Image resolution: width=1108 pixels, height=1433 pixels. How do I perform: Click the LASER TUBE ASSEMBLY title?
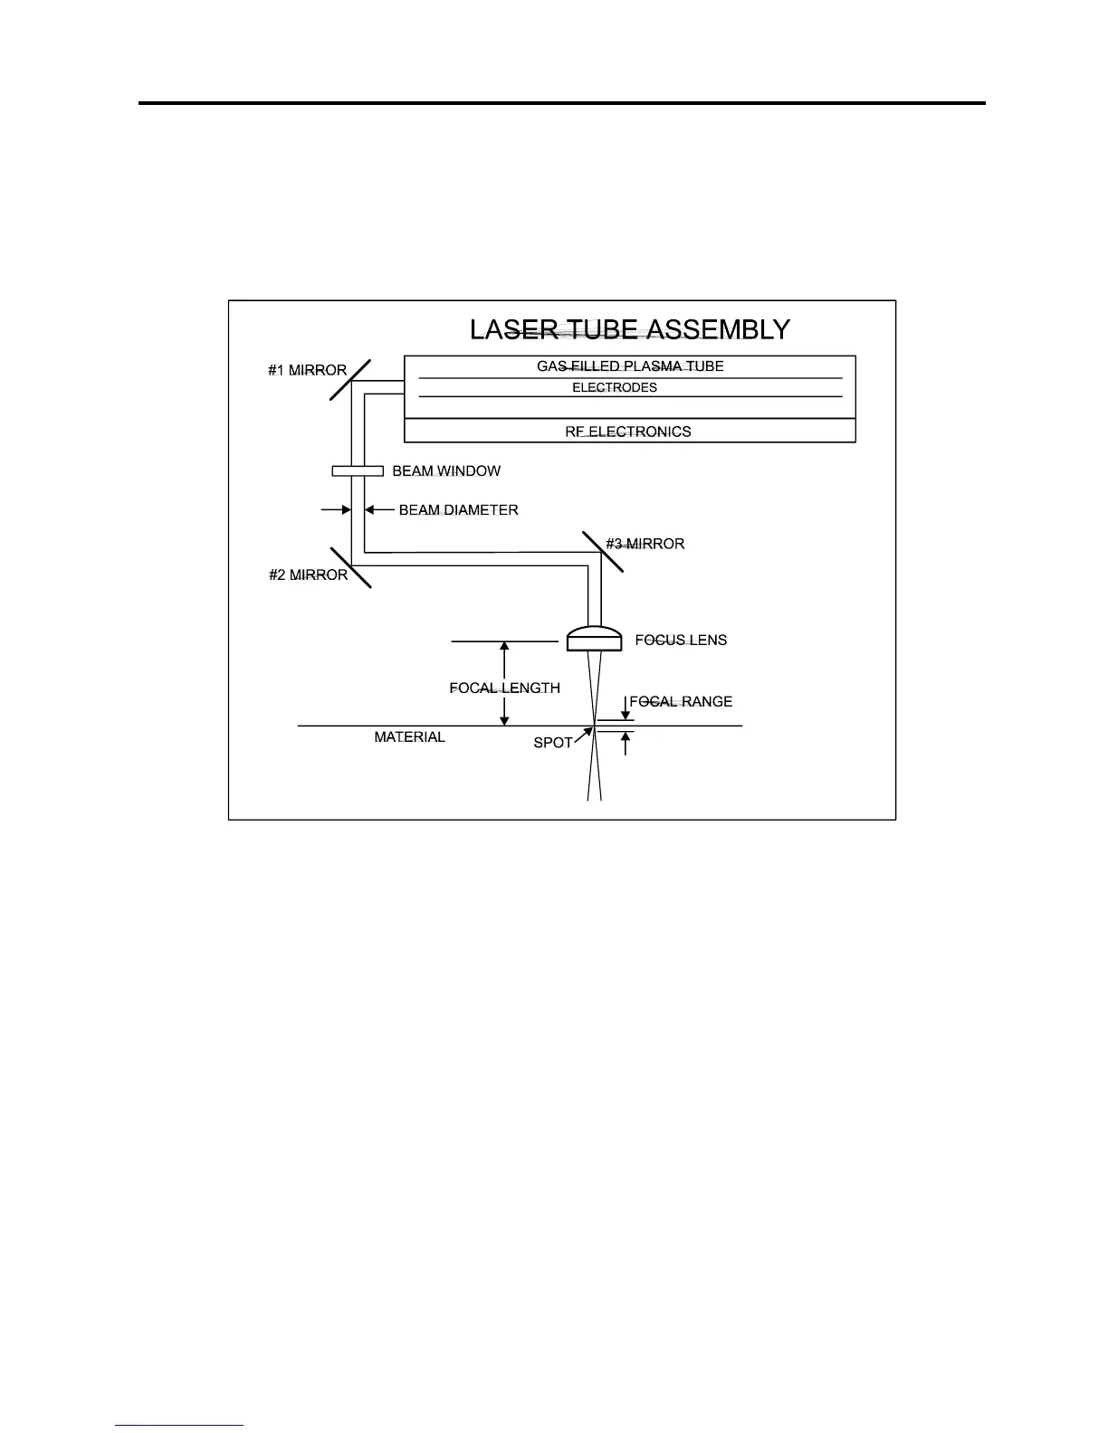pyautogui.click(x=630, y=329)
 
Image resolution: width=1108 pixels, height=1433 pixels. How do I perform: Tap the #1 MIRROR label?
pyautogui.click(x=307, y=370)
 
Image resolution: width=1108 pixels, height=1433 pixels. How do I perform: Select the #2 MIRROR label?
pyautogui.click(x=308, y=574)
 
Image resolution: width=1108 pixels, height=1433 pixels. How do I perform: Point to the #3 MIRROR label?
pyautogui.click(x=645, y=544)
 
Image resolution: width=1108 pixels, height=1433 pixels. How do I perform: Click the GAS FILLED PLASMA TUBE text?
pyautogui.click(x=630, y=366)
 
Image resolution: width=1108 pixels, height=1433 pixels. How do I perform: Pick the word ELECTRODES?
pyautogui.click(x=615, y=387)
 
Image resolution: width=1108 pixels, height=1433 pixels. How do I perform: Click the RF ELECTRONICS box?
pyautogui.click(x=629, y=432)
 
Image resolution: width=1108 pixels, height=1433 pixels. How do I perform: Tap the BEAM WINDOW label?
pyautogui.click(x=446, y=471)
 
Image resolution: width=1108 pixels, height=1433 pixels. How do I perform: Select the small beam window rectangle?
pyautogui.click(x=358, y=470)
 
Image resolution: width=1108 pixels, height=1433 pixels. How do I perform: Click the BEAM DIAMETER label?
pyautogui.click(x=458, y=510)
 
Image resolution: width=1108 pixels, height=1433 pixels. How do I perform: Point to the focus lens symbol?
pyautogui.click(x=594, y=639)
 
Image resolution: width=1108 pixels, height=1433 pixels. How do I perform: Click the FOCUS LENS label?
pyautogui.click(x=681, y=640)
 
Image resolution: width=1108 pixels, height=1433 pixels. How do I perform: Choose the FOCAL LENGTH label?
pyautogui.click(x=504, y=688)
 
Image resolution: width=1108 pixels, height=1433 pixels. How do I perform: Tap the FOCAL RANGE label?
pyautogui.click(x=681, y=701)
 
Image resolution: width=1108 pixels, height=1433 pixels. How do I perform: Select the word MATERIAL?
pyautogui.click(x=409, y=737)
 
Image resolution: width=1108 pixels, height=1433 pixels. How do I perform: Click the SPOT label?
pyautogui.click(x=552, y=743)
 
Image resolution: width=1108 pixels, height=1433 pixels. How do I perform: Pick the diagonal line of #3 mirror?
pyautogui.click(x=603, y=552)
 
